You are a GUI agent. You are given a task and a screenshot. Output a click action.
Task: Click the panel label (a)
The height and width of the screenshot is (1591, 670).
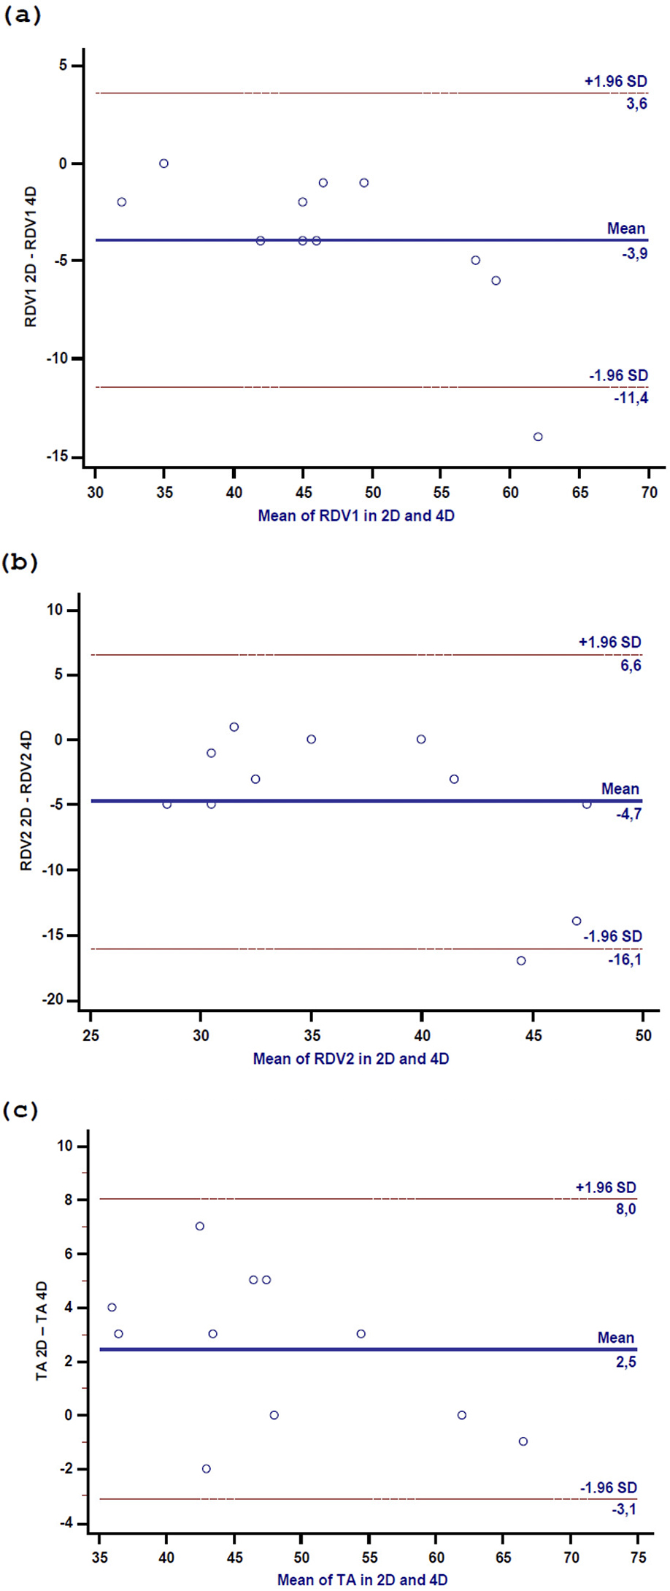pyautogui.click(x=23, y=16)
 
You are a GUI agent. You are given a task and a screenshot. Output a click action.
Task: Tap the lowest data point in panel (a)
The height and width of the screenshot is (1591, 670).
pyautogui.click(x=538, y=437)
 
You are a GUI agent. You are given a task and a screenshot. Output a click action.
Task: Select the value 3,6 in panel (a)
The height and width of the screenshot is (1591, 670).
pyautogui.click(x=636, y=104)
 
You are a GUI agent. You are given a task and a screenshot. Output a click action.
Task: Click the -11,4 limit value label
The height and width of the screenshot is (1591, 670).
pyautogui.click(x=631, y=398)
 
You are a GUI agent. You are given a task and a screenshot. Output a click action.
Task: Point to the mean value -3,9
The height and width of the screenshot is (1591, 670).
pyautogui.click(x=633, y=254)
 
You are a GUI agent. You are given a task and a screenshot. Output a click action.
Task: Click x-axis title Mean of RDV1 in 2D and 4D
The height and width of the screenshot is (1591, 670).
pyautogui.click(x=356, y=515)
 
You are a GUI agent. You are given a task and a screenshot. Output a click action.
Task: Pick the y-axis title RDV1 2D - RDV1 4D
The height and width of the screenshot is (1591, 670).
pyautogui.click(x=31, y=257)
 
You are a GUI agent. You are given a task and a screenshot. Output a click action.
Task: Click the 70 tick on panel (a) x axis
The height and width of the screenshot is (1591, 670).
pyautogui.click(x=649, y=492)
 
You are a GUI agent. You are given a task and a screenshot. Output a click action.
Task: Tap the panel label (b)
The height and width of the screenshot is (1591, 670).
pyautogui.click(x=20, y=562)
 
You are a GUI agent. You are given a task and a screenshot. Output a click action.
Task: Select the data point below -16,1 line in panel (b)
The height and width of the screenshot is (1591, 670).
pyautogui.click(x=521, y=960)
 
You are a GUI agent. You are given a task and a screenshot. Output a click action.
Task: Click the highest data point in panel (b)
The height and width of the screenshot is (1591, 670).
pyautogui.click(x=234, y=727)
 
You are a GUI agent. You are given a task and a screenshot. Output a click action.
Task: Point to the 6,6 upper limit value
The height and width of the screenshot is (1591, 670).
pyautogui.click(x=631, y=665)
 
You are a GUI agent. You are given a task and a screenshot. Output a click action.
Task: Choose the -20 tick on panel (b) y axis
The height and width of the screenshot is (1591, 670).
pyautogui.click(x=54, y=1000)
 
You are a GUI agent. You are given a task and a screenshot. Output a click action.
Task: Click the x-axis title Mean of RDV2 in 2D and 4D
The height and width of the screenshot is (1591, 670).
pyautogui.click(x=351, y=1058)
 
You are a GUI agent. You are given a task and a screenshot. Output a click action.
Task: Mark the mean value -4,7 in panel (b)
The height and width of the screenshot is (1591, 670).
pyautogui.click(x=628, y=813)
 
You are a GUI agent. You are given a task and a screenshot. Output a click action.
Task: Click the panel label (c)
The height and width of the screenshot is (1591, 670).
pyautogui.click(x=20, y=1111)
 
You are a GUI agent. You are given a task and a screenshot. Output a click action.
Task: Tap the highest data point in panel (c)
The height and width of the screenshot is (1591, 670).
pyautogui.click(x=200, y=1226)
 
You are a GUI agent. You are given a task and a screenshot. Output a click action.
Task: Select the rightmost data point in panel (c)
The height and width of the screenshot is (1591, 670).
pyautogui.click(x=523, y=1441)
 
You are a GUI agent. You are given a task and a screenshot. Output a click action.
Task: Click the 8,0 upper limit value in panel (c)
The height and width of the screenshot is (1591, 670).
pyautogui.click(x=625, y=1209)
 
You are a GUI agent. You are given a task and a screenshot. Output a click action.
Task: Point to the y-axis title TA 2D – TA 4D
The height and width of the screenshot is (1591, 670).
pyautogui.click(x=42, y=1331)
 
